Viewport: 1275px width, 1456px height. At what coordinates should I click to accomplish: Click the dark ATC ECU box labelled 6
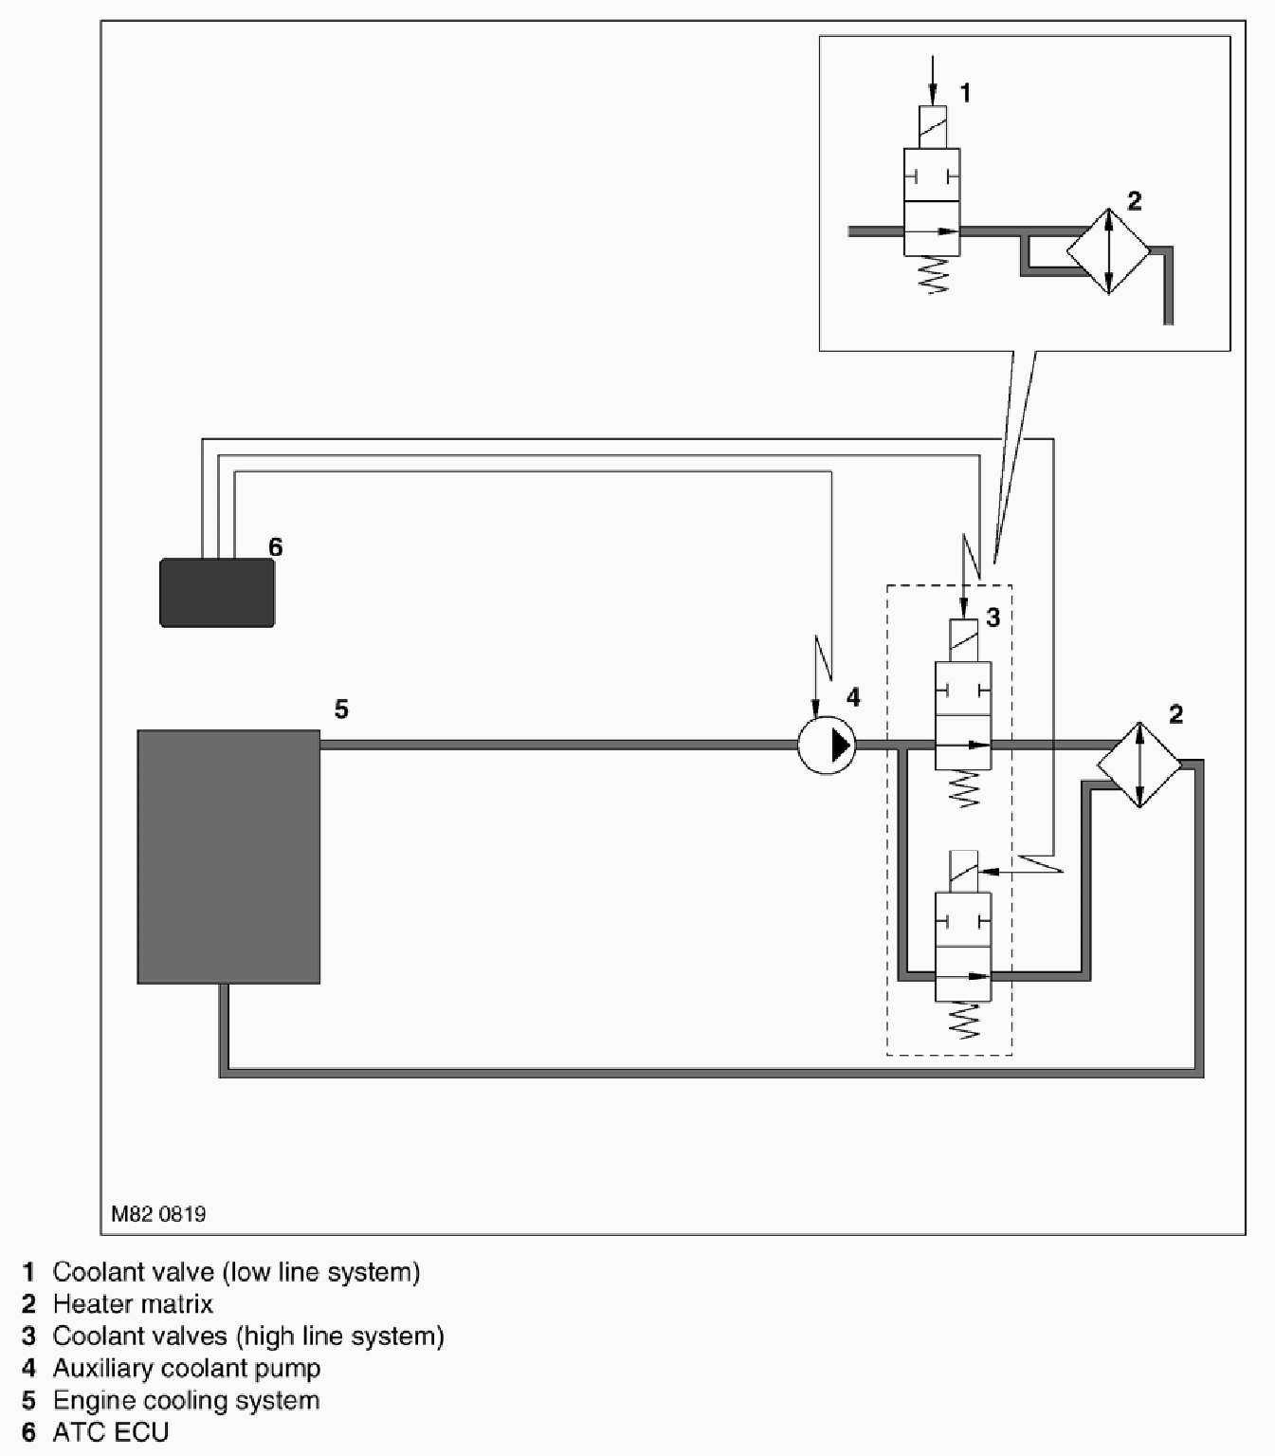217,593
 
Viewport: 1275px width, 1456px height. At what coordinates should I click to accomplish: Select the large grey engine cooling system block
228,857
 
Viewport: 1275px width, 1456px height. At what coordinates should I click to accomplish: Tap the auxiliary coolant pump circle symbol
827,746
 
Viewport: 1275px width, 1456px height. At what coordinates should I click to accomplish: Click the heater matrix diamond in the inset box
1108,251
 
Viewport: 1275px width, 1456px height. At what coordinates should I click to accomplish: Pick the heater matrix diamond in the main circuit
1139,765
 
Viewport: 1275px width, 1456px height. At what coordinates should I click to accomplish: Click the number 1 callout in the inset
965,93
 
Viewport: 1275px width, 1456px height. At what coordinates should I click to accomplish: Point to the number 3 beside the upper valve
993,618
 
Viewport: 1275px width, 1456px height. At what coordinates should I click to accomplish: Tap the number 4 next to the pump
853,698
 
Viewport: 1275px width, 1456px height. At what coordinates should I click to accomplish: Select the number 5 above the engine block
341,710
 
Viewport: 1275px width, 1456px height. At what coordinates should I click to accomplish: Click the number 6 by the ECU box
276,547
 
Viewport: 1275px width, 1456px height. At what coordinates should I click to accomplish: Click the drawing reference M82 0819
158,1214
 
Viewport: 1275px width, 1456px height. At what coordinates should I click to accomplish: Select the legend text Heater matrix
133,1304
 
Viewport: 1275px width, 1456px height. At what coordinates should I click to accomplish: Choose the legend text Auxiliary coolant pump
187,1369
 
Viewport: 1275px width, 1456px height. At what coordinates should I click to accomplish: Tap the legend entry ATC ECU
111,1432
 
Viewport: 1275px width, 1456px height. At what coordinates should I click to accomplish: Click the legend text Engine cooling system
186,1401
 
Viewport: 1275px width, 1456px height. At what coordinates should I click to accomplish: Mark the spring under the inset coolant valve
933,275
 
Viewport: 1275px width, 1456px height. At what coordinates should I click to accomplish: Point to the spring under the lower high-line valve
964,1021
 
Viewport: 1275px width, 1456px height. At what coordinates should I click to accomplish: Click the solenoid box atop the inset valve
933,127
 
